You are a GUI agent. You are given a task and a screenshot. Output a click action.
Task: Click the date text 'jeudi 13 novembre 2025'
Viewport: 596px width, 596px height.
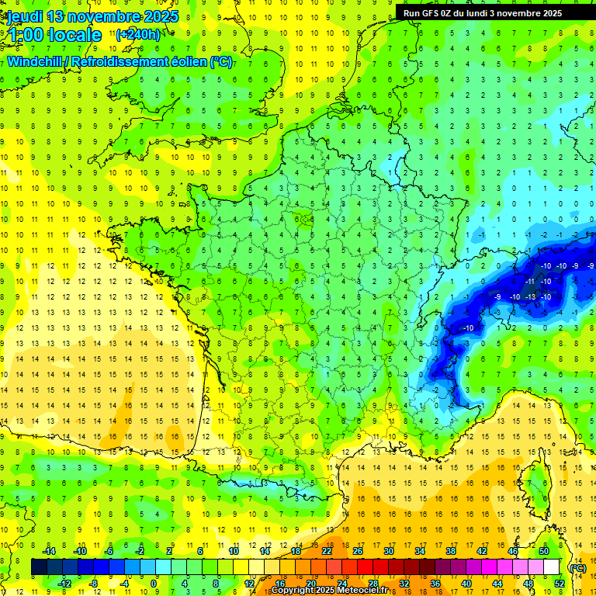click(x=92, y=16)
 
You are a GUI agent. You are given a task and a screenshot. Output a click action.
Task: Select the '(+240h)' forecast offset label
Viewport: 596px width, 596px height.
click(x=139, y=34)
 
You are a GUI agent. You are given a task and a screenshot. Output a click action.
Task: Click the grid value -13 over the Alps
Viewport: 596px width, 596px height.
click(x=531, y=296)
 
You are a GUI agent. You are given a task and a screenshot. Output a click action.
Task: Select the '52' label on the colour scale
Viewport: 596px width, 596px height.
click(x=559, y=584)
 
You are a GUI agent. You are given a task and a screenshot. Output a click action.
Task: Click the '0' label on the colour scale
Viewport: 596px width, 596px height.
click(x=153, y=584)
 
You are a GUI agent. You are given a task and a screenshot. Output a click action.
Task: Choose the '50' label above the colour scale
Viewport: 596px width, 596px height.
click(x=544, y=551)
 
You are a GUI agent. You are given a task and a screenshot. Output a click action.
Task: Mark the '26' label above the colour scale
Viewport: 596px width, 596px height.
click(x=358, y=551)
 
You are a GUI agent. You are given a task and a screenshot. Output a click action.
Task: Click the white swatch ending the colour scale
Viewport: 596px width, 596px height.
click(x=552, y=567)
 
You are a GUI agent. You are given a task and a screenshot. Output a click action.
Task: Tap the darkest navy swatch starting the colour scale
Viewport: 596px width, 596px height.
click(x=40, y=567)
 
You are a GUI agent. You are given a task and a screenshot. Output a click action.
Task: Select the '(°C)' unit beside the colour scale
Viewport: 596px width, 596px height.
click(x=577, y=567)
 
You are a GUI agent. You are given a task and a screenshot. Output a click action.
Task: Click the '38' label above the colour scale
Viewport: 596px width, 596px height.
click(x=451, y=551)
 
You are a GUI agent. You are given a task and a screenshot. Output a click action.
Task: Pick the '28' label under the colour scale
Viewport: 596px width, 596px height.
click(x=373, y=584)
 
